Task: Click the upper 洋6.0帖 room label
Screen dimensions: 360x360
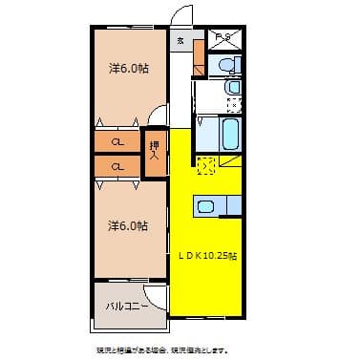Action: point(128,69)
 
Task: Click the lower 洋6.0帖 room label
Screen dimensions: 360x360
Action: point(128,226)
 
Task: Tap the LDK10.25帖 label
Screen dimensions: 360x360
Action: point(207,255)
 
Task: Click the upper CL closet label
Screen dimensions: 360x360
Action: point(116,142)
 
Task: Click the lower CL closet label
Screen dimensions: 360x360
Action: point(116,167)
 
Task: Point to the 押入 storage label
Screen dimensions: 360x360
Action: point(154,153)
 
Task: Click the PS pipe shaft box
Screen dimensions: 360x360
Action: point(222,39)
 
